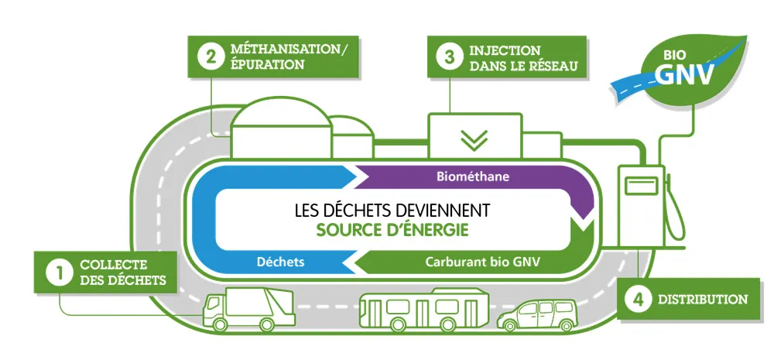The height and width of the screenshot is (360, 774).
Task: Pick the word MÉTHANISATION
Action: point(289,50)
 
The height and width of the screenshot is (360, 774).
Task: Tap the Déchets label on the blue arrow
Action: point(280,262)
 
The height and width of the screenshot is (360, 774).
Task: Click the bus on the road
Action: point(422,308)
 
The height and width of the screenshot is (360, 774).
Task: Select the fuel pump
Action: point(642,205)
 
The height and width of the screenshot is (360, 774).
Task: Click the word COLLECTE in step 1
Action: point(113,265)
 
